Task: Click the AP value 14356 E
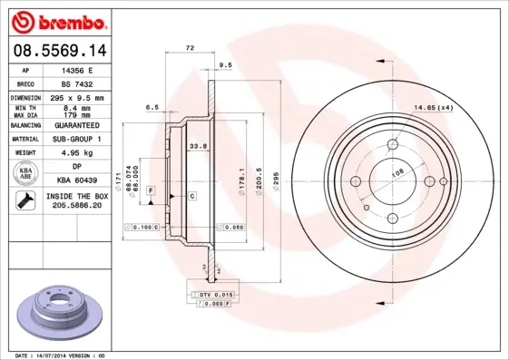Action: pos(78,69)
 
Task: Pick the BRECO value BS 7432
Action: pos(78,83)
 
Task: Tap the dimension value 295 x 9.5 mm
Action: pos(78,97)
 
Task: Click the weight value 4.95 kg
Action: pos(78,153)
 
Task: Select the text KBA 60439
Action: pos(78,181)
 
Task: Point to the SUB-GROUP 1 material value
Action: pos(78,139)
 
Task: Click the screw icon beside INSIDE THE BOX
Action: pos(26,201)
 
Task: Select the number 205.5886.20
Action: pos(78,206)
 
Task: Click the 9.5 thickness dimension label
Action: pos(225,65)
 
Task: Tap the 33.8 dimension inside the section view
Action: pos(197,146)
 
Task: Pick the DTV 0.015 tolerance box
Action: pos(215,296)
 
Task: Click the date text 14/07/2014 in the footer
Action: pos(56,355)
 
